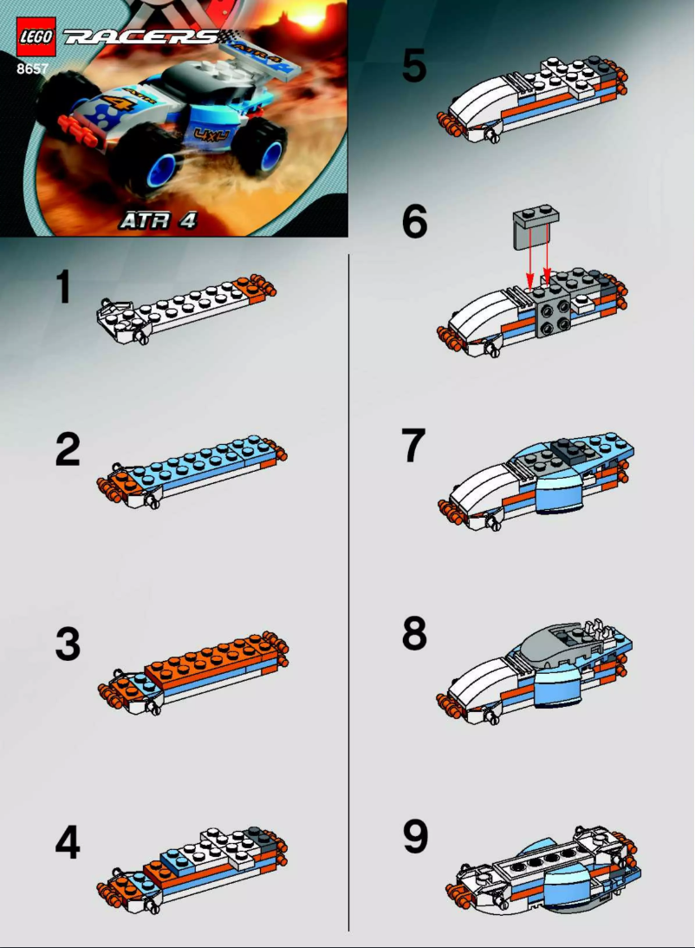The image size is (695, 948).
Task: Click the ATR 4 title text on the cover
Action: click(x=158, y=220)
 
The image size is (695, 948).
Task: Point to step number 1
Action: click(x=62, y=289)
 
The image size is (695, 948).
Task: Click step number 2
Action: click(x=66, y=451)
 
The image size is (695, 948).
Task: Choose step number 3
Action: click(x=67, y=645)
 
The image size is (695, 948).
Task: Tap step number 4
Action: click(x=67, y=842)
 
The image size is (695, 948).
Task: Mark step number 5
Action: click(x=413, y=67)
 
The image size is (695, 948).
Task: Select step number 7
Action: click(x=413, y=447)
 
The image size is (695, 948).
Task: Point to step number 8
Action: click(x=414, y=635)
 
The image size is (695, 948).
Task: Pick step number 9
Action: click(x=414, y=835)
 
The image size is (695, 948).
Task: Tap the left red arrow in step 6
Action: click(x=529, y=260)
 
